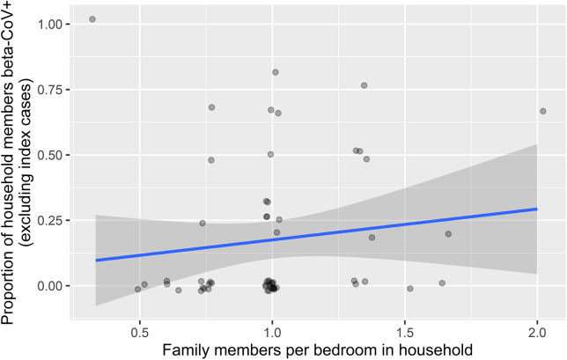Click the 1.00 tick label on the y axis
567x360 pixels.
point(49,25)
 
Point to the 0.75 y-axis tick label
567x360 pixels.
point(49,90)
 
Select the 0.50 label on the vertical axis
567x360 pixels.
point(49,155)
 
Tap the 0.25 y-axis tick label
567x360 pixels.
point(49,220)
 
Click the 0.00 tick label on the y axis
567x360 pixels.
point(49,286)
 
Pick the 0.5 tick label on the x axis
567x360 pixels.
point(140,332)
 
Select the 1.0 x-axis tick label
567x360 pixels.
point(272,332)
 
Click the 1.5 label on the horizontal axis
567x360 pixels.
point(405,332)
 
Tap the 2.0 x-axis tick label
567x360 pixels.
point(537,332)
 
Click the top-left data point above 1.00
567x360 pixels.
point(92,19)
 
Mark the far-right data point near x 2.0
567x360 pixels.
point(542,111)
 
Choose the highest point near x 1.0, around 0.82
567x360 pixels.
point(276,72)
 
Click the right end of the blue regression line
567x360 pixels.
point(537,209)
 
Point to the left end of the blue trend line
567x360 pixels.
point(96,261)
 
